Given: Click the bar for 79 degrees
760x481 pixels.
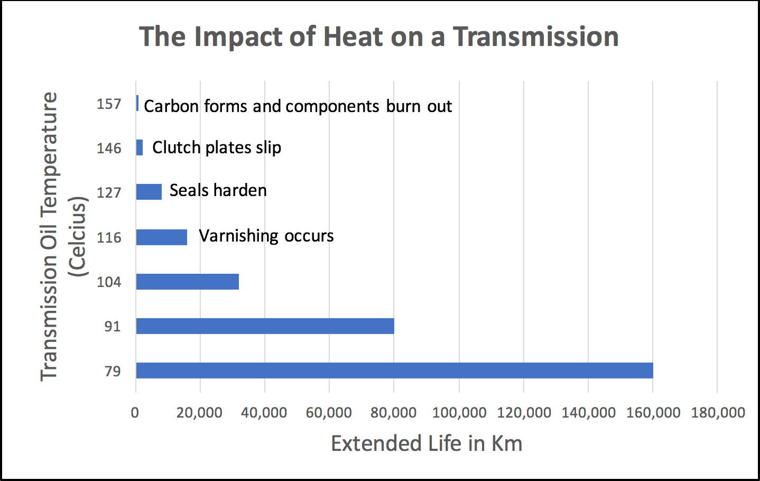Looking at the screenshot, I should tap(394, 371).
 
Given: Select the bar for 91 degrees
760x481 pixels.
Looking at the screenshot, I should tap(265, 326).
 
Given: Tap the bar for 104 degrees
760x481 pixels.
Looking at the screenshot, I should tap(187, 282).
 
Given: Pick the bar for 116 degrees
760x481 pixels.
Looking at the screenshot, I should tap(161, 237).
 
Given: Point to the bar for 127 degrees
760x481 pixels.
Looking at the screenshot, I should tap(149, 192).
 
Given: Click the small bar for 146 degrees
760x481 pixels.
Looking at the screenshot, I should tap(140, 147).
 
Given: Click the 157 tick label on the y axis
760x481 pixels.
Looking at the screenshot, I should tap(109, 104).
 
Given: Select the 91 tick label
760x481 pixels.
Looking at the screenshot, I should tap(112, 327).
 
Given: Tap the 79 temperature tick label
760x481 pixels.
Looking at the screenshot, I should tap(113, 372).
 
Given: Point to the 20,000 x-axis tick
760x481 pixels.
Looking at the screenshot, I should tap(199, 413).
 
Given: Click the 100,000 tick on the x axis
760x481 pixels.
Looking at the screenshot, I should tap(459, 413).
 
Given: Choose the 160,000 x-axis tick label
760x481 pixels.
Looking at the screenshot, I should tap(653, 413).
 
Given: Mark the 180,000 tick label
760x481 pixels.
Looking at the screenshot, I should tap(718, 413).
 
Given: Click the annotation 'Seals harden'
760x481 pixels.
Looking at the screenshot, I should tap(218, 190).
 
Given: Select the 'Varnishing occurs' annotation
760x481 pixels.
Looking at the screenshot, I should tap(266, 236).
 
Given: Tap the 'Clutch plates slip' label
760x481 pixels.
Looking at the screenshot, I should tap(217, 147).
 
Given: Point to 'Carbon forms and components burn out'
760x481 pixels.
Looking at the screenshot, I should tap(298, 106).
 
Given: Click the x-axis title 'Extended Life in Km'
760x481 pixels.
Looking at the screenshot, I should tap(426, 443).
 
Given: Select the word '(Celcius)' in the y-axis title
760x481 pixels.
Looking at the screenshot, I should tap(77, 237).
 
